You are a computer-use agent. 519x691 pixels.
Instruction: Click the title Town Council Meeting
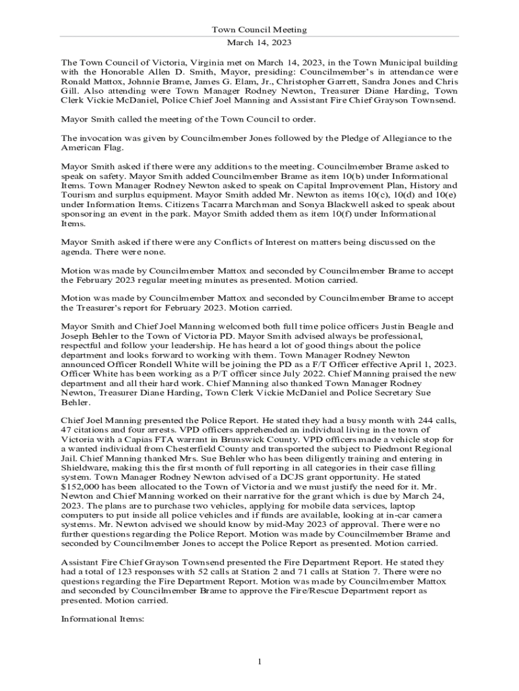[x=259, y=30]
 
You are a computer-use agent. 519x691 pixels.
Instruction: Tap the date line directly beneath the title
[x=259, y=42]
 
